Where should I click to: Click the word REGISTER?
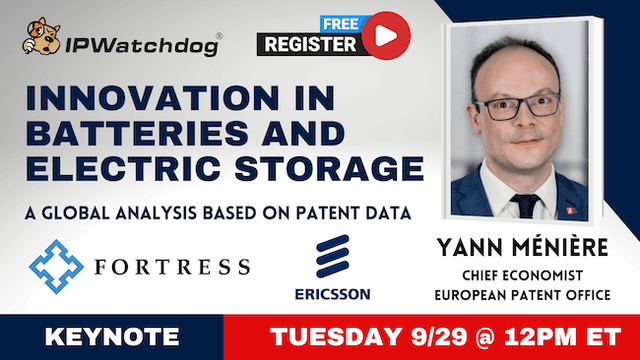(x=311, y=44)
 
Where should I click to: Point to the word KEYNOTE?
(x=111, y=335)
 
